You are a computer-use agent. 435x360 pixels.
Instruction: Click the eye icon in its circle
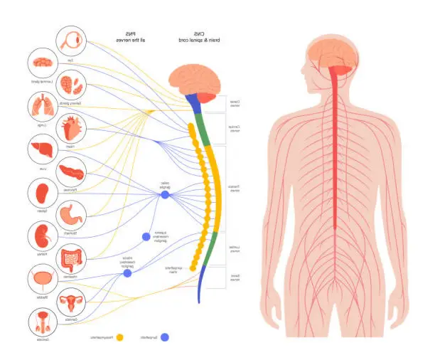(x=71, y=41)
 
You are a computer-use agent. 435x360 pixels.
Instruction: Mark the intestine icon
(x=72, y=258)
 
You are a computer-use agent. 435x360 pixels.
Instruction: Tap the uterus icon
(x=72, y=302)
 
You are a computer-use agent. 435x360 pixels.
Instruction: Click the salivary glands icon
(x=72, y=85)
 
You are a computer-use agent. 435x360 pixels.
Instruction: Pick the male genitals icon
(x=41, y=324)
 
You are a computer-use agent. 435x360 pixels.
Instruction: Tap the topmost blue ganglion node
(x=165, y=194)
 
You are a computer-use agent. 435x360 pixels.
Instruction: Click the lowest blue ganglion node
(x=127, y=272)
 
